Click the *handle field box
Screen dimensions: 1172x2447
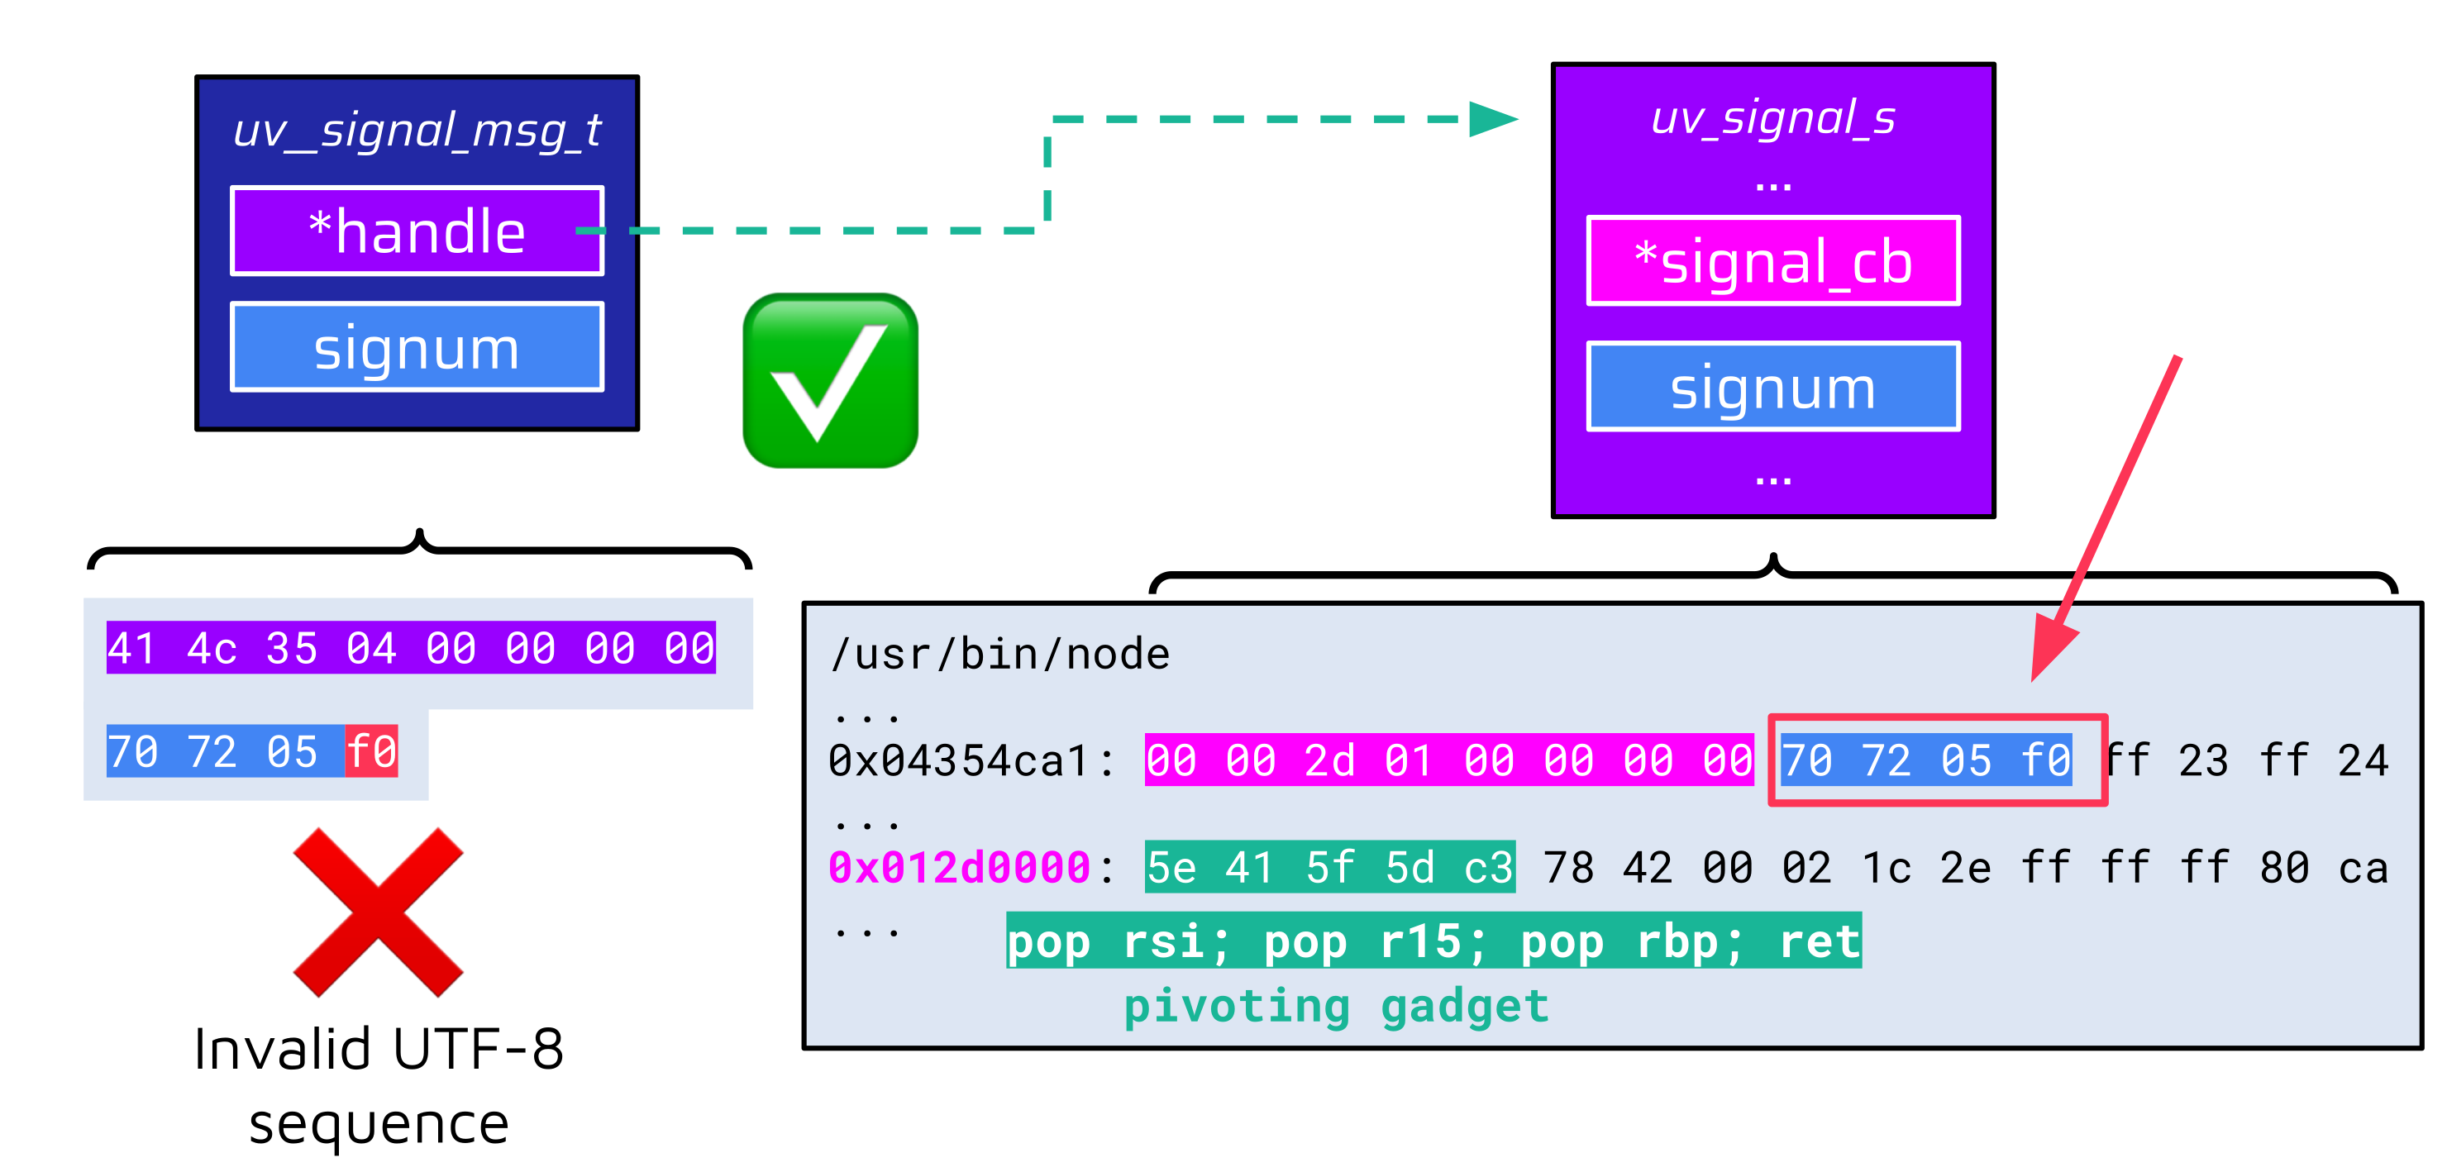(x=416, y=231)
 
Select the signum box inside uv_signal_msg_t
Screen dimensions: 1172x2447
(x=416, y=348)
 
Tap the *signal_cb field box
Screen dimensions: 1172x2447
(x=1772, y=261)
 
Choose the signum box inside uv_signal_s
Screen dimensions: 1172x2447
(x=1772, y=387)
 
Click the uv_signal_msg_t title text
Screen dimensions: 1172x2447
(x=416, y=130)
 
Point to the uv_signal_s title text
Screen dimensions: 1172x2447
(x=1772, y=119)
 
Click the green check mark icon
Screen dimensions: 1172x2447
(x=831, y=381)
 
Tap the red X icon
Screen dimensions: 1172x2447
(x=378, y=912)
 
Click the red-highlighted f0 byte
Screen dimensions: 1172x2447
(x=371, y=751)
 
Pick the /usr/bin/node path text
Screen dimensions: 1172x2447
(x=1000, y=655)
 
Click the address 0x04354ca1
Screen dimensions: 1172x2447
(x=960, y=760)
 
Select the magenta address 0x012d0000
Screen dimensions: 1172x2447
(x=960, y=867)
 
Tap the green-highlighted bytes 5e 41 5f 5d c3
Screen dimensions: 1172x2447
(x=1329, y=867)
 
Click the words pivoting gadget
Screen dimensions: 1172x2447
(x=1336, y=1006)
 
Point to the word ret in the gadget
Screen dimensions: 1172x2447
(x=1819, y=941)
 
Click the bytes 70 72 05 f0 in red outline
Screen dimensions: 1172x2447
(x=1927, y=760)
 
